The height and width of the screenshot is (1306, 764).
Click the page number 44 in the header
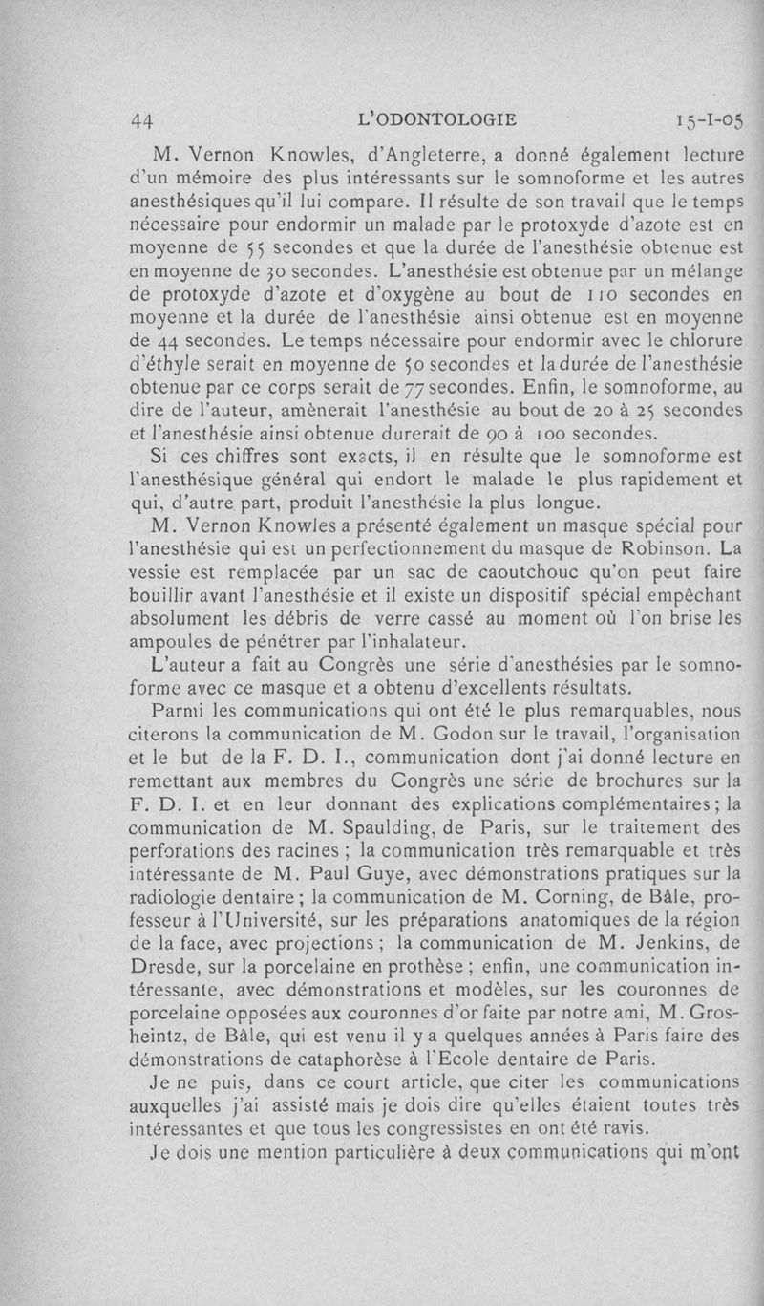point(142,120)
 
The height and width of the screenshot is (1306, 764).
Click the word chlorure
point(699,340)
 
